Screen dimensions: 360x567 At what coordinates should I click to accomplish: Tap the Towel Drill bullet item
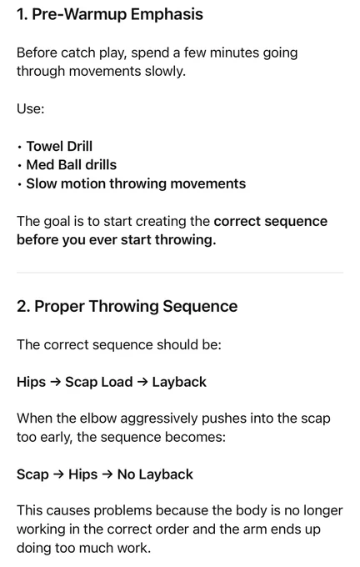59,146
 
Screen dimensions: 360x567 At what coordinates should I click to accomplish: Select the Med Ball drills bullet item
72,165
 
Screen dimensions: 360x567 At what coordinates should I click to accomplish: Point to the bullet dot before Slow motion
19,185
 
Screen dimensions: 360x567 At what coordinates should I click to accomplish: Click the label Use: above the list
30,108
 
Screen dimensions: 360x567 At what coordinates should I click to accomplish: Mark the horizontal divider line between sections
180,273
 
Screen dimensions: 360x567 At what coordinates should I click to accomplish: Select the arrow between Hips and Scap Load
55,382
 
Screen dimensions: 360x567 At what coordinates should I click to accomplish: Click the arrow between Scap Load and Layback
142,382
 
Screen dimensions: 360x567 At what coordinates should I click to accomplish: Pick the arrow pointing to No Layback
107,474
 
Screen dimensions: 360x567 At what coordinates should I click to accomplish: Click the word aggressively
159,419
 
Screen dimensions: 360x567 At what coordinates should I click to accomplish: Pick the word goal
57,222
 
